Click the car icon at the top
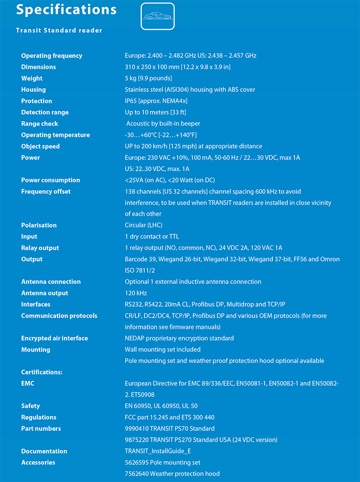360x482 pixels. [158, 17]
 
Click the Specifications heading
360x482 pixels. [66, 9]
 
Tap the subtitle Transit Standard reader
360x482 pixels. [59, 30]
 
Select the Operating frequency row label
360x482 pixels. [52, 56]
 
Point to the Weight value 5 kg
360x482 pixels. [148, 78]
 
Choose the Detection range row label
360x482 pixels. [45, 112]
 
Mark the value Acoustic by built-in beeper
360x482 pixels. [163, 124]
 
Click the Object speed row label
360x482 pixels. [40, 146]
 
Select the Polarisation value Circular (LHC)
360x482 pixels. [144, 225]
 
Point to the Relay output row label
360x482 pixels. [40, 248]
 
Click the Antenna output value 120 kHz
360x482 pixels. [136, 293]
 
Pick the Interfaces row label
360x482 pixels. [36, 304]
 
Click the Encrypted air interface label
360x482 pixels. [54, 338]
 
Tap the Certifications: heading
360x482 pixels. [42, 372]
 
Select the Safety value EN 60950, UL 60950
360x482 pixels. [161, 406]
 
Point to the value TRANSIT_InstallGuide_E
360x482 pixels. [158, 451]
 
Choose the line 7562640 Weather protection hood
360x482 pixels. [172, 473]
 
